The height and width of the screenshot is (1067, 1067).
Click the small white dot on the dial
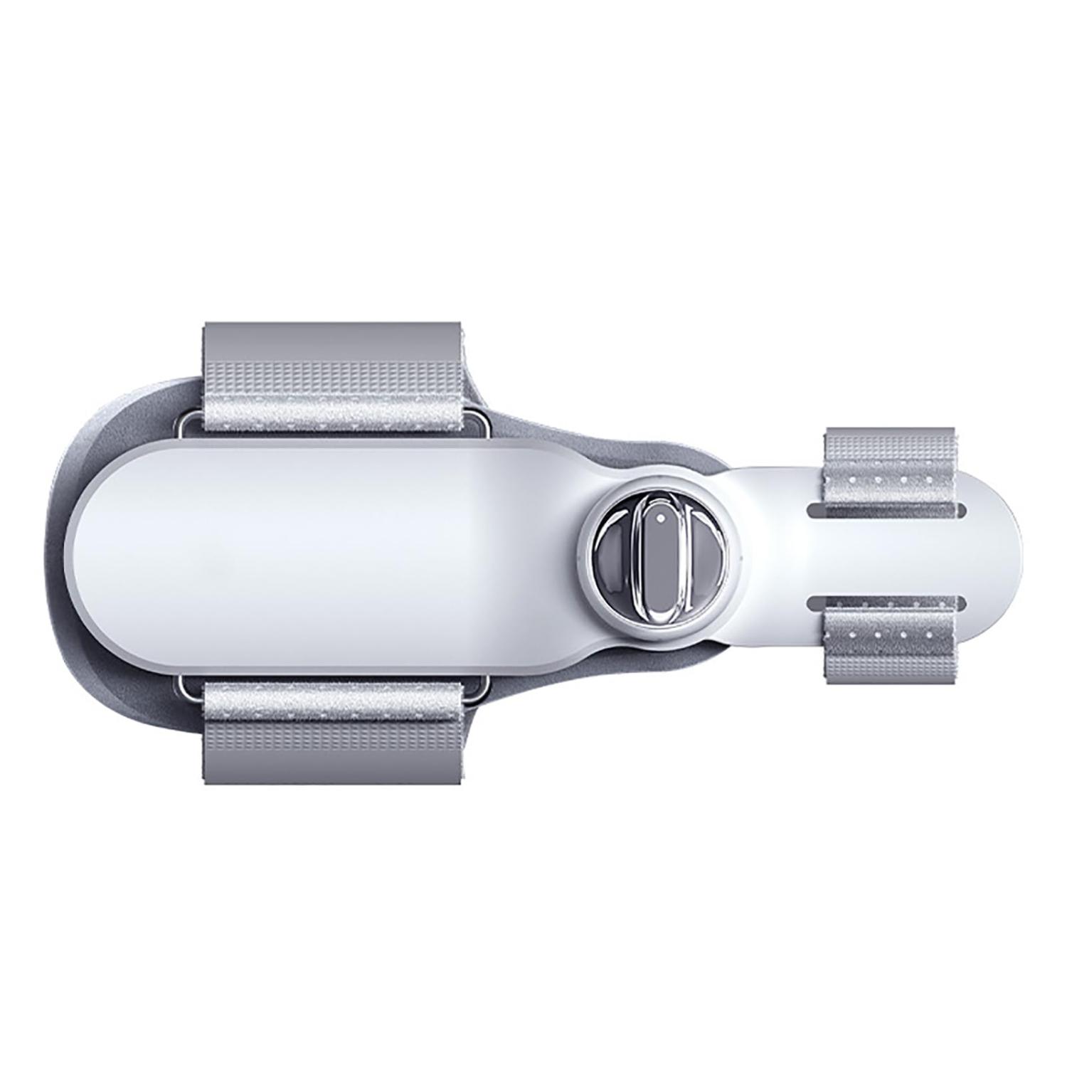661,519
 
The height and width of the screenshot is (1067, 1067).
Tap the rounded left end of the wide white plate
92,556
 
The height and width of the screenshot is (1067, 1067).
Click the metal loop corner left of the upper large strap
188,425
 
